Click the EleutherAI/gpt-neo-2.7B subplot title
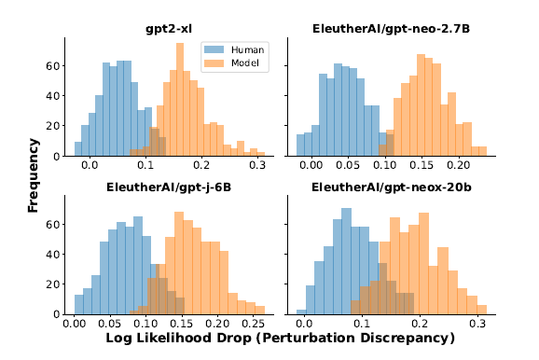(390, 30)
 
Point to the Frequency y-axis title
(34, 174)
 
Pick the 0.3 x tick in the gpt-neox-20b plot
(477, 323)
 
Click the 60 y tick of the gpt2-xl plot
(54, 67)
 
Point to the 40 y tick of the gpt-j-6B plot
(54, 255)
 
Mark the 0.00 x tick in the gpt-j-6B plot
(73, 323)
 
